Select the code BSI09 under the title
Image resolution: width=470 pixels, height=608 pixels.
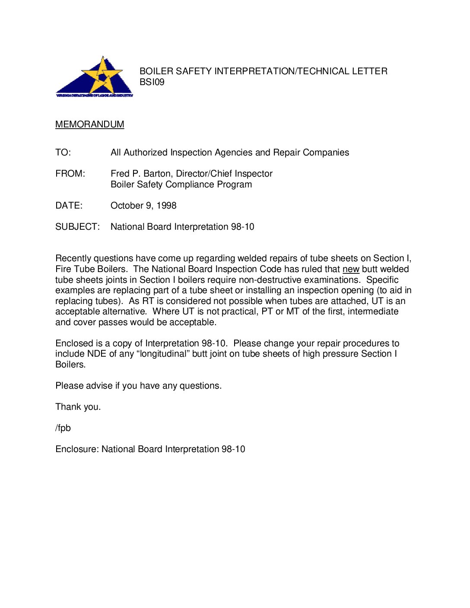pyautogui.click(x=152, y=82)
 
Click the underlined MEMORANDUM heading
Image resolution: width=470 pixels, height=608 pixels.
pyautogui.click(x=89, y=124)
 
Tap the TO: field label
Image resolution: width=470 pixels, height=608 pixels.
pyautogui.click(x=63, y=152)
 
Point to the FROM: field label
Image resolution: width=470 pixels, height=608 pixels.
pyautogui.click(x=70, y=174)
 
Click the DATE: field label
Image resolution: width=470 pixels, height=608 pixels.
pyautogui.click(x=69, y=206)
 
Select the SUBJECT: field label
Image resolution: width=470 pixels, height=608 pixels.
pyautogui.click(x=77, y=227)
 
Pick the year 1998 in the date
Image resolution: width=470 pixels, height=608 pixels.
pyautogui.click(x=166, y=206)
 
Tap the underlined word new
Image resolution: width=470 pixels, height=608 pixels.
pyautogui.click(x=351, y=269)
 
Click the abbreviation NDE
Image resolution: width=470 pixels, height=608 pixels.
pyautogui.click(x=96, y=354)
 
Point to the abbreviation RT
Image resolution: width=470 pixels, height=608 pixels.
pyautogui.click(x=148, y=301)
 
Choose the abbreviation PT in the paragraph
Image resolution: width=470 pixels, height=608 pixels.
pyautogui.click(x=267, y=311)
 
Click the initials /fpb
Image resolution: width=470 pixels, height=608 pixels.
pyautogui.click(x=63, y=428)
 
